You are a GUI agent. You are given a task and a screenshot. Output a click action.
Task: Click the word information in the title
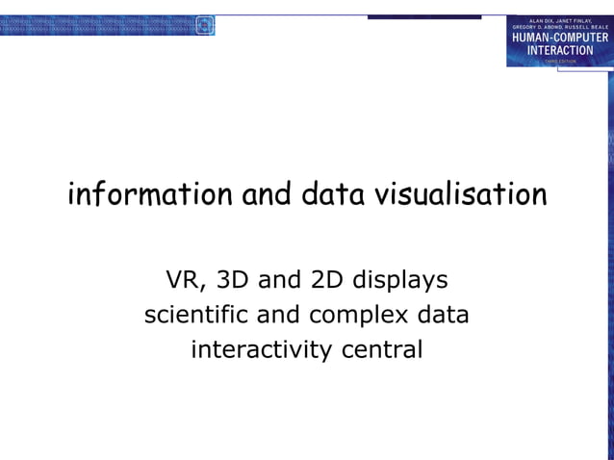pos(150,194)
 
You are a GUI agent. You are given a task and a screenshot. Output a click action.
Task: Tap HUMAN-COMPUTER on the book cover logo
pos(559,38)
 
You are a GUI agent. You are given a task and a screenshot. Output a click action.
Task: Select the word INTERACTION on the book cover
pos(559,50)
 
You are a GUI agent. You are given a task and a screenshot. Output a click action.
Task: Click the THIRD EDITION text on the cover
pos(559,61)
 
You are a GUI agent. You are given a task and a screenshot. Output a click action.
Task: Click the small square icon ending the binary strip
pos(204,26)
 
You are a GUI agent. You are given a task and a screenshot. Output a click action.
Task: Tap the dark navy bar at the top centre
pos(423,16)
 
